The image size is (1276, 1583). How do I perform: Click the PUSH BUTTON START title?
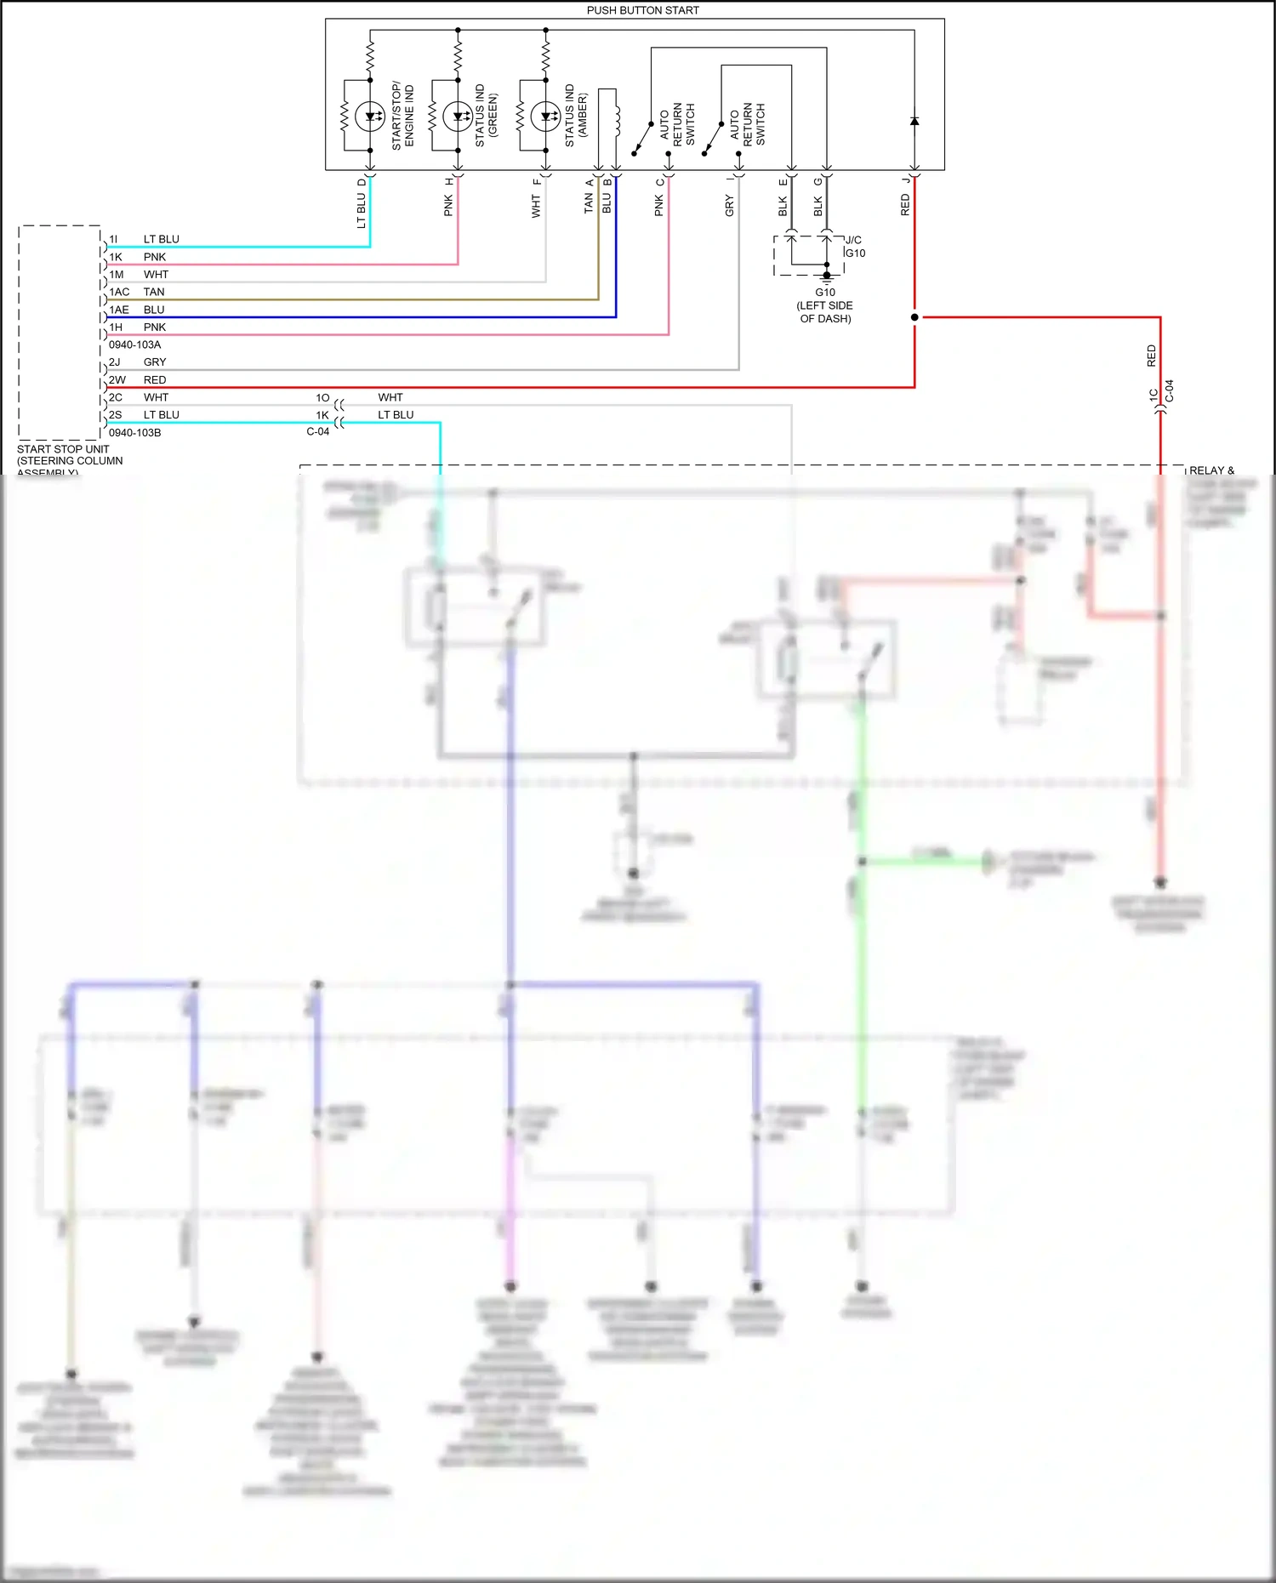click(642, 10)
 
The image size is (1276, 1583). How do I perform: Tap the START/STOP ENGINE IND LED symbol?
click(370, 117)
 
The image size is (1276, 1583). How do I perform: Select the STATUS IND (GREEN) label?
click(486, 115)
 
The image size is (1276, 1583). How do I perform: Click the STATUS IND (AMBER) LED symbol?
click(545, 117)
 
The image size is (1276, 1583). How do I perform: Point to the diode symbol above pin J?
click(914, 121)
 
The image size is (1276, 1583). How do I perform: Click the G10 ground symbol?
click(826, 276)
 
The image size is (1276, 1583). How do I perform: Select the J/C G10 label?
click(854, 247)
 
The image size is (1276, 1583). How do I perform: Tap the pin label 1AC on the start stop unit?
click(119, 292)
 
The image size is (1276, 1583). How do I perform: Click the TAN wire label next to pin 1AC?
click(154, 292)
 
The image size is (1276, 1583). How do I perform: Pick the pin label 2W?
click(117, 379)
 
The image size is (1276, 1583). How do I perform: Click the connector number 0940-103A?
click(134, 345)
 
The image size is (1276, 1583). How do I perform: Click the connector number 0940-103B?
click(134, 432)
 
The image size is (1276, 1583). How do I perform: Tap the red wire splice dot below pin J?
click(914, 317)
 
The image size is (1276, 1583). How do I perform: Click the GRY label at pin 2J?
click(155, 362)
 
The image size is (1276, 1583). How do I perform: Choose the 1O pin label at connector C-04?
click(322, 397)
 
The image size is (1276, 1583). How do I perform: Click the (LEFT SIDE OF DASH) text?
click(825, 312)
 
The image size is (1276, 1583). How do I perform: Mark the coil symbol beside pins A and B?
click(617, 121)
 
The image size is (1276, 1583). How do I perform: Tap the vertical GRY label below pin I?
click(729, 205)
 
